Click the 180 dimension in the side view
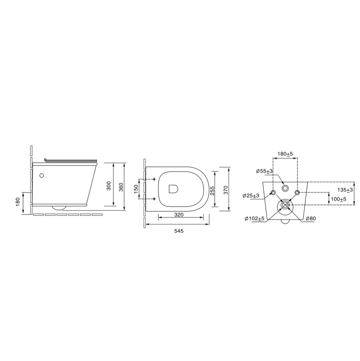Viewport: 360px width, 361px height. [x=18, y=202]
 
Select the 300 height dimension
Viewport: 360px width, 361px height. [x=109, y=186]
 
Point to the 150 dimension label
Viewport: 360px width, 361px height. [x=136, y=189]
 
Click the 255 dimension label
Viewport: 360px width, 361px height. [x=212, y=190]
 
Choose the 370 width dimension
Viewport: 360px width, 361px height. [x=226, y=190]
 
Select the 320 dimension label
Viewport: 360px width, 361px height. [x=179, y=215]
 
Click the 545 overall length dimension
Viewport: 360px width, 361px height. [x=179, y=231]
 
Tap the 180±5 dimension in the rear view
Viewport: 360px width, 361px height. [x=285, y=154]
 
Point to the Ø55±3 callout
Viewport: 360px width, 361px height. [x=264, y=171]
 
